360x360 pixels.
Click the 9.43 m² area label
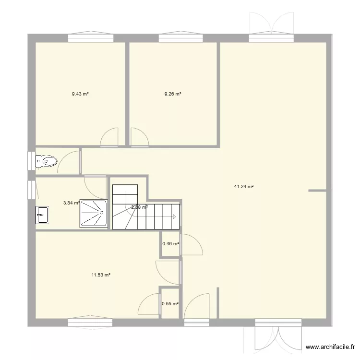[x=80, y=94]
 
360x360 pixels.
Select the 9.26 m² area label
[x=173, y=94]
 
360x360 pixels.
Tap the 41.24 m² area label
[x=243, y=187]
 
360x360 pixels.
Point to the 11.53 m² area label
[x=101, y=275]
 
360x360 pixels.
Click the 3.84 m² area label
[x=71, y=203]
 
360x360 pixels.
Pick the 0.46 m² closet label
[x=170, y=244]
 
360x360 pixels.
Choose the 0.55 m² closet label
[x=170, y=304]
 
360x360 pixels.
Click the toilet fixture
[x=47, y=161]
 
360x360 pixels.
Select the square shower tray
[x=93, y=213]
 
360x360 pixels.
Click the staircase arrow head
[x=174, y=217]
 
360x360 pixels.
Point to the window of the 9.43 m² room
[x=86, y=36]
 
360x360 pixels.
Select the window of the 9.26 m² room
[x=178, y=36]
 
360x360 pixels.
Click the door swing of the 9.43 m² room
[x=110, y=137]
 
